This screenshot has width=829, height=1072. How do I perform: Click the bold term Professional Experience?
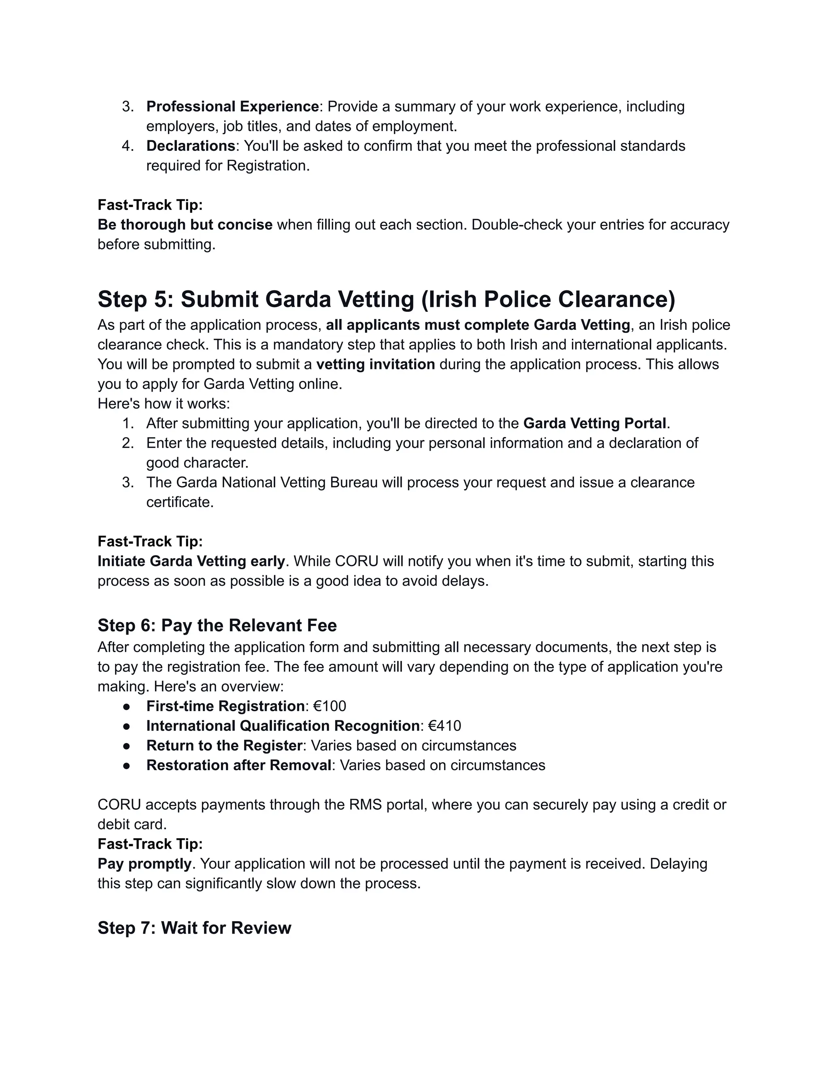pos(232,106)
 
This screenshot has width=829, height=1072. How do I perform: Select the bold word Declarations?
pos(191,146)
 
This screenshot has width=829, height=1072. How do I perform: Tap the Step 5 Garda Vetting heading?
pos(386,299)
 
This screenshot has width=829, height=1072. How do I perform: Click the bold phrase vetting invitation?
pos(375,364)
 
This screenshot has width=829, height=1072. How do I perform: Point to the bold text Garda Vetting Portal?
pos(594,423)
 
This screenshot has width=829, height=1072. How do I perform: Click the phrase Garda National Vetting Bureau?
pos(276,482)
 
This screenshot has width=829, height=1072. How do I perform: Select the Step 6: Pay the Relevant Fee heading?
pos(217,625)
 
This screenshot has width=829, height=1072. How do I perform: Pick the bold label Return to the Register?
pos(224,745)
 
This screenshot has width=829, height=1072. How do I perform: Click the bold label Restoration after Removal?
pos(239,765)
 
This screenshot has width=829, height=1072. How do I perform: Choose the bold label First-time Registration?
pos(225,706)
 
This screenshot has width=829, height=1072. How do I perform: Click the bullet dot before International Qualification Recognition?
pos(127,726)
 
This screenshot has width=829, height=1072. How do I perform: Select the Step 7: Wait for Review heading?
pos(194,928)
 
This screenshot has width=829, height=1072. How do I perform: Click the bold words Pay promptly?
pos(145,863)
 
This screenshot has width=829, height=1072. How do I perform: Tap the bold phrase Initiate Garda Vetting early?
pos(191,561)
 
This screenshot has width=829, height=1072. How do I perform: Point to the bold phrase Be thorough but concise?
pos(185,225)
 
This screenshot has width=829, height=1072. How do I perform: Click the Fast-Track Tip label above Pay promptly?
pos(150,844)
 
